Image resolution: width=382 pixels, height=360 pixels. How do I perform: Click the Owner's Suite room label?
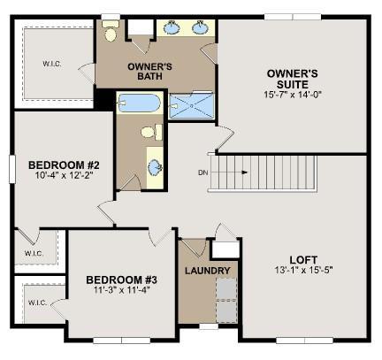[292, 79]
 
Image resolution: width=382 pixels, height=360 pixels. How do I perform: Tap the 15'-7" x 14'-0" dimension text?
[292, 95]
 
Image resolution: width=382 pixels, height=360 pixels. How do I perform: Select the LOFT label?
[303, 260]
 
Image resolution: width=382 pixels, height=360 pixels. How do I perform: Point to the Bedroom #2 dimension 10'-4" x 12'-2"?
[64, 175]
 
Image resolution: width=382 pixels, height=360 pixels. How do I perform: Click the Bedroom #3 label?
[121, 280]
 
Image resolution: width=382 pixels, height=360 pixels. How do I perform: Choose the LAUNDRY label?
[208, 271]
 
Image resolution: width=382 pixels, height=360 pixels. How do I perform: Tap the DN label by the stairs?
[203, 172]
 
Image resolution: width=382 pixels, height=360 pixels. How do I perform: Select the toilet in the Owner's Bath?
[111, 31]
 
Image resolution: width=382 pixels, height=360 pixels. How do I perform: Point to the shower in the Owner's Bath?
[192, 105]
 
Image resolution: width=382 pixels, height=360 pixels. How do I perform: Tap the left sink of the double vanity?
[172, 28]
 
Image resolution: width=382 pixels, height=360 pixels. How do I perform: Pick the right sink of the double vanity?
[201, 27]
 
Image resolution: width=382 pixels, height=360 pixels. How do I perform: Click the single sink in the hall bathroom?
[155, 168]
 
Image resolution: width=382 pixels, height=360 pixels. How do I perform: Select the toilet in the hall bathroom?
[151, 132]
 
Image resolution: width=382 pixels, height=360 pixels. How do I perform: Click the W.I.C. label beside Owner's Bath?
[52, 64]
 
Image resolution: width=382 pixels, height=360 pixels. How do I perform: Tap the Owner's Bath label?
[149, 72]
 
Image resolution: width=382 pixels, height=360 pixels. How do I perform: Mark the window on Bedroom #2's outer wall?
[12, 169]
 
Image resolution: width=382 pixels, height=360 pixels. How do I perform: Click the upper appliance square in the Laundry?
[226, 288]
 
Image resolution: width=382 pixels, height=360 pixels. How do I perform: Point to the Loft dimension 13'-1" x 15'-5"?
[303, 270]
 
